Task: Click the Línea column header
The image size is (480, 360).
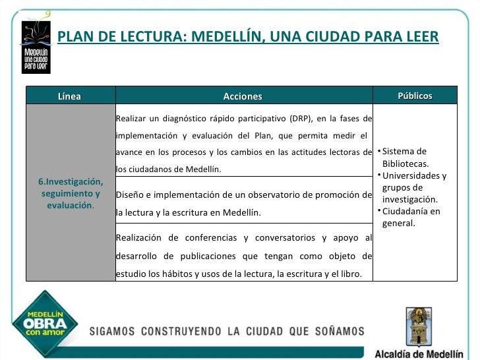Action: (69, 96)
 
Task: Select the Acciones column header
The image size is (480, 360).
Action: (243, 96)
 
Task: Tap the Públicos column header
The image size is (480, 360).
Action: (415, 96)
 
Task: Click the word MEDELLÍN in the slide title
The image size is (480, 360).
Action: (224, 36)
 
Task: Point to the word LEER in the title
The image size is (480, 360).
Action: (419, 36)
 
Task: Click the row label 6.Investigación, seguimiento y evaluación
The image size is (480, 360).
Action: (70, 193)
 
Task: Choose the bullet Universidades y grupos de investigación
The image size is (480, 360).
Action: (413, 187)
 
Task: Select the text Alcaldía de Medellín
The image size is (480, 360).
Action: (419, 351)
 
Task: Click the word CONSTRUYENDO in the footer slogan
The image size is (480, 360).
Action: (196, 330)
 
